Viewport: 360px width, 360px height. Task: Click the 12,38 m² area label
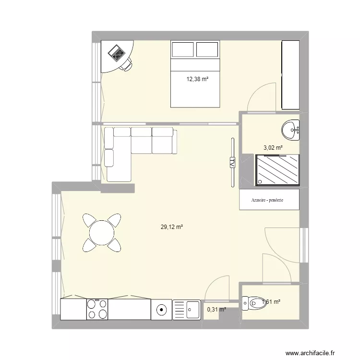point(198,79)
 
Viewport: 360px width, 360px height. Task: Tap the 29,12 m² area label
point(172,228)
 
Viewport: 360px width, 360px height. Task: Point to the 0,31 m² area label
point(216,310)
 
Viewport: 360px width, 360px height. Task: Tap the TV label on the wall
point(232,163)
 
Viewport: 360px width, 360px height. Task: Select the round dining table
point(102,233)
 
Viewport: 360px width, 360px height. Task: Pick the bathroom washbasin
point(290,130)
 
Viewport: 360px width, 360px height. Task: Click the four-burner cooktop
point(97,309)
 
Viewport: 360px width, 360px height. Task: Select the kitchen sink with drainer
point(186,310)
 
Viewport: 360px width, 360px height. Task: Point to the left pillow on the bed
point(183,49)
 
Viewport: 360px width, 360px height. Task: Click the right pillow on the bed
point(207,49)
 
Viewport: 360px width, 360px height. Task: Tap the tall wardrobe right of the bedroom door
point(290,75)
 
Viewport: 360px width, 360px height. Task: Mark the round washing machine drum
point(162,310)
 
